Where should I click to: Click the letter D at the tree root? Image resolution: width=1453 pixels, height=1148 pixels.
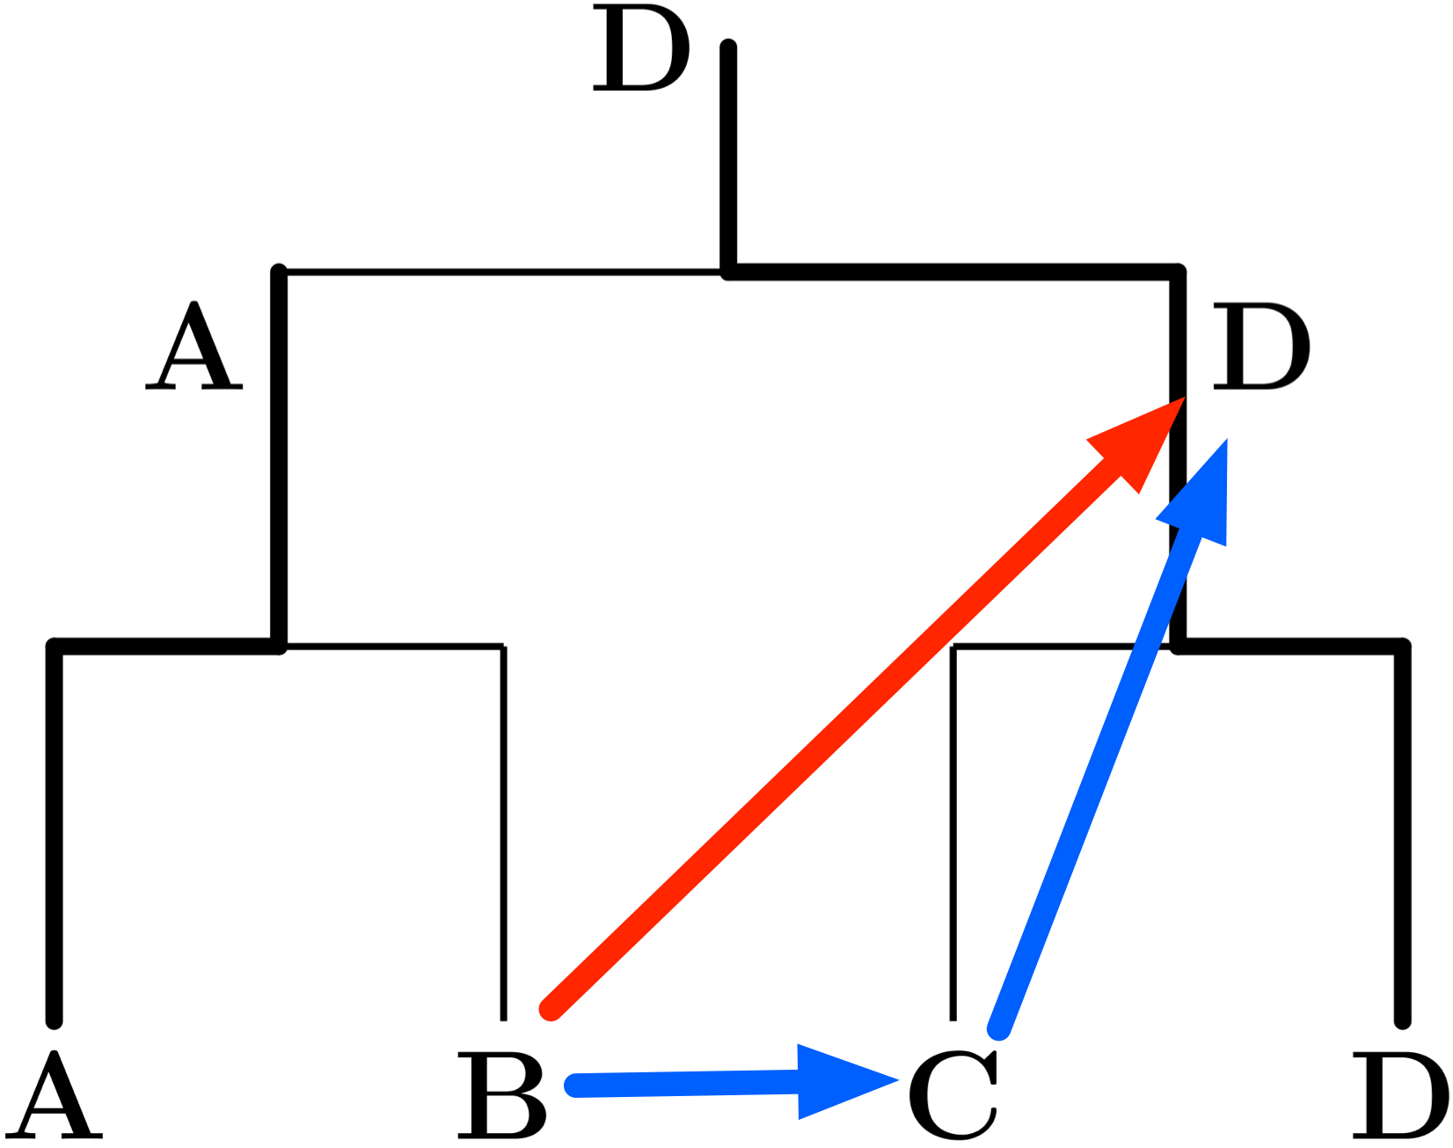640,48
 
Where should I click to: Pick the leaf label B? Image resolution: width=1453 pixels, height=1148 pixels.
500,1095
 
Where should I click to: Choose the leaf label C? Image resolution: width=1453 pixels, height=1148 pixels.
953,1095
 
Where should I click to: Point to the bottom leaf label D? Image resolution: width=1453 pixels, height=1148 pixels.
1399,1095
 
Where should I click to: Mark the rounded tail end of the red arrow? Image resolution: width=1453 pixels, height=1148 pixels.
551,1010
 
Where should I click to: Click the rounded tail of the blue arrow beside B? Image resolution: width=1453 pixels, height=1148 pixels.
573,1086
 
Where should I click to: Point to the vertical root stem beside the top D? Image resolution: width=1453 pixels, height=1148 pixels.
728,158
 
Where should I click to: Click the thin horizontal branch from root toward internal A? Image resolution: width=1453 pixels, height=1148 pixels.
501,273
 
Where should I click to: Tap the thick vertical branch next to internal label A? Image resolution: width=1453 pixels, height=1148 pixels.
279,457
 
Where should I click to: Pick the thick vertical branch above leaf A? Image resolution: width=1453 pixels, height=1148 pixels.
55,836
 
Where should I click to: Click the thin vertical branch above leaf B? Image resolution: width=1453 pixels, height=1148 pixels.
503,836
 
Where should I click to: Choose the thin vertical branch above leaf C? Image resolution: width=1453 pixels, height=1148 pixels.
953,836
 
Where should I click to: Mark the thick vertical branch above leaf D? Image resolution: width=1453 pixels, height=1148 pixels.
1403,836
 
